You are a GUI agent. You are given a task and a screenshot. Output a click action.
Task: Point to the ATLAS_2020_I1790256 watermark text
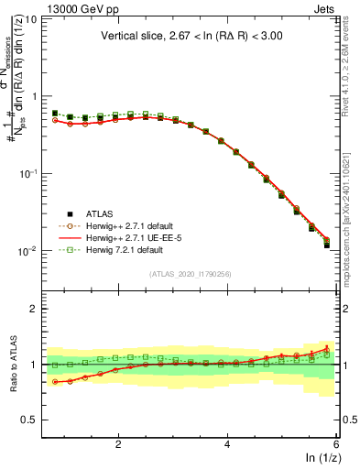pos(191,274)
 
